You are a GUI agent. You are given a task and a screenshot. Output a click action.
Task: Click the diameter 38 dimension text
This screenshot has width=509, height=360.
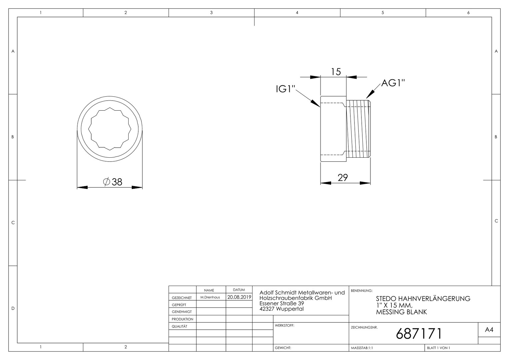pos(113,182)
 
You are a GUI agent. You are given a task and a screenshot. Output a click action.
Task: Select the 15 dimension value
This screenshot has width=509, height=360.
pos(336,72)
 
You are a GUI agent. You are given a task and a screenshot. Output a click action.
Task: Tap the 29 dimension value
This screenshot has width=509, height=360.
pos(343,178)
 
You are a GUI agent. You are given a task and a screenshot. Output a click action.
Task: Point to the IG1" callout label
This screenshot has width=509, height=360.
pos(285,89)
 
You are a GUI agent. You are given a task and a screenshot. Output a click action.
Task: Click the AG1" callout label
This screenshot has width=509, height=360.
pos(393,83)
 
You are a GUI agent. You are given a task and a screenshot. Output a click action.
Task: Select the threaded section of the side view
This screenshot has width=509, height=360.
pos(358,129)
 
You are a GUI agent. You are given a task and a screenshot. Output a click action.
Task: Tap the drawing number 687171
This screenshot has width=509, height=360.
pos(419,334)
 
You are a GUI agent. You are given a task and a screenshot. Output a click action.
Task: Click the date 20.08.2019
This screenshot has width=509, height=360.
pos(239,297)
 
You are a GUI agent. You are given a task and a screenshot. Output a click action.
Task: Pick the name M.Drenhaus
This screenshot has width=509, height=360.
pos(210,297)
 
